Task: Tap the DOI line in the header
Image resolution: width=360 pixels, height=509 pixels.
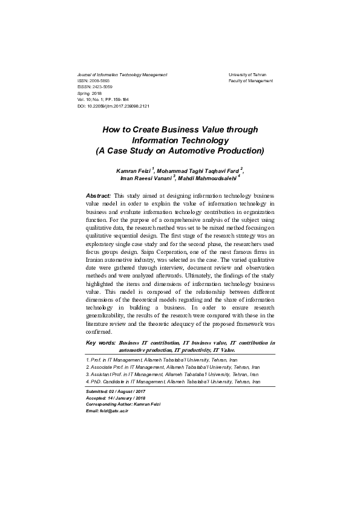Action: tap(114, 106)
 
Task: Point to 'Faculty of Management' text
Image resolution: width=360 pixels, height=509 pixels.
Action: tap(250, 80)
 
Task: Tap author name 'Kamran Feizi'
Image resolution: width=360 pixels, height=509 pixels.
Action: tap(134, 172)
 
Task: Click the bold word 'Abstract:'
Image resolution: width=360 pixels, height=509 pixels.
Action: tap(99, 196)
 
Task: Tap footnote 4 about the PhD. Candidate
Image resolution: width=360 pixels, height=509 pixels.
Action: tap(175, 381)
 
